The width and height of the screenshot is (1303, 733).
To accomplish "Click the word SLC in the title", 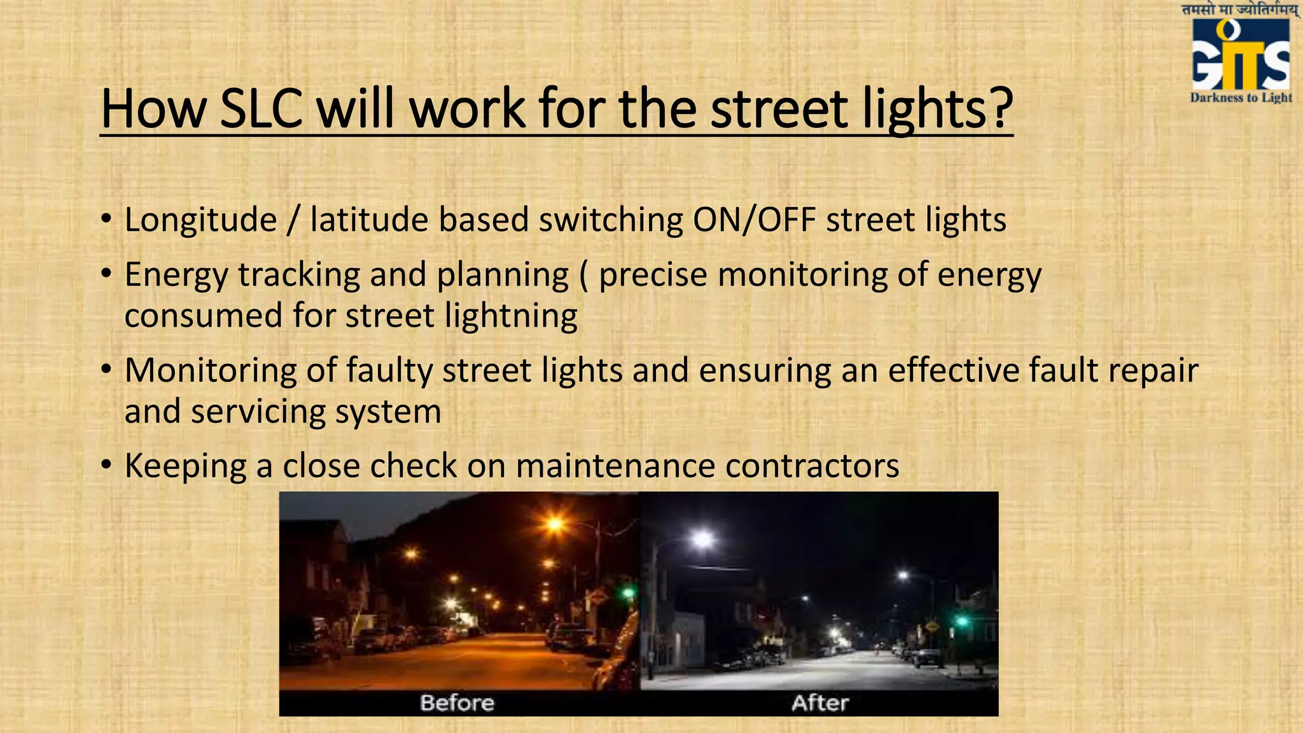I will [260, 109].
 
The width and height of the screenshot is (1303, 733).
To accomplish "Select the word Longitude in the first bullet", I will [200, 220].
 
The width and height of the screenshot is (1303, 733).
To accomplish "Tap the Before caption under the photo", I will [457, 702].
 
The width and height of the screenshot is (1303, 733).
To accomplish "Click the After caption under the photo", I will [820, 702].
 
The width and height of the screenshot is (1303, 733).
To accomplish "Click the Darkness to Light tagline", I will [1241, 97].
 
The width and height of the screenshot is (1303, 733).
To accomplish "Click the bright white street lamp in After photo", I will [702, 540].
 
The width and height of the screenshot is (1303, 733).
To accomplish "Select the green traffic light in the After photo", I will [961, 620].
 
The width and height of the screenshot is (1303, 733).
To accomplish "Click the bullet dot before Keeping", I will [107, 466].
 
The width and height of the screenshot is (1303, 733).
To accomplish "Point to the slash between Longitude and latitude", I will [293, 220].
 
